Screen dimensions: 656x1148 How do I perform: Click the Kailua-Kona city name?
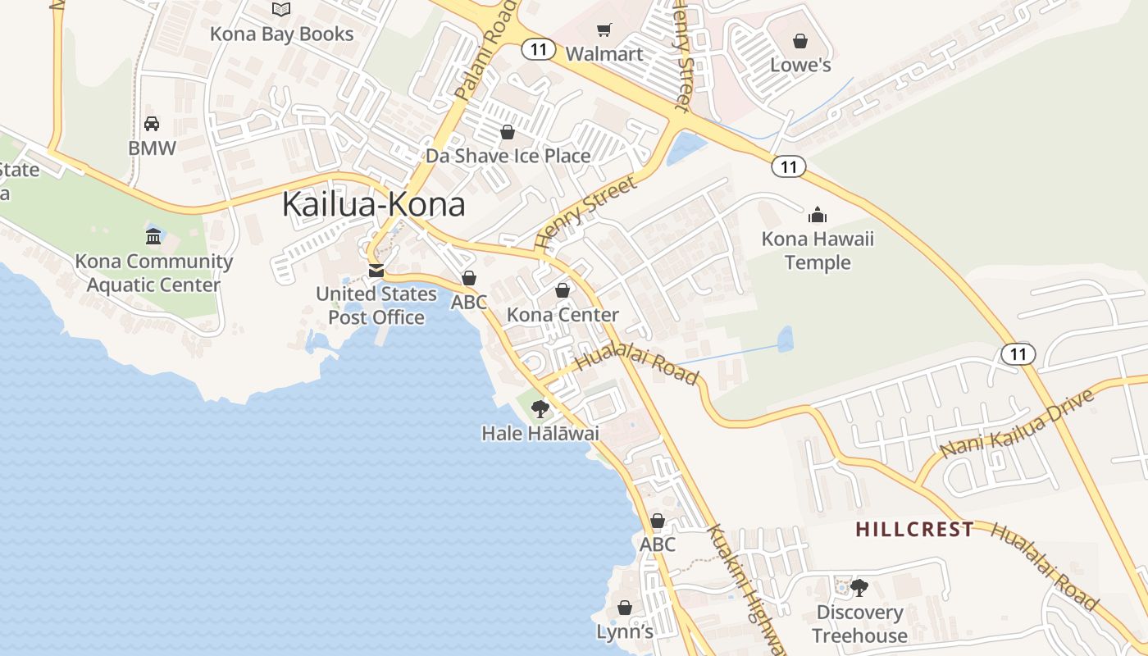tap(373, 205)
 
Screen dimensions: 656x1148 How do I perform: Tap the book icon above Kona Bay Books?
tap(281, 10)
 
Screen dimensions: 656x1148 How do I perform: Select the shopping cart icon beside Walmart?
tap(604, 30)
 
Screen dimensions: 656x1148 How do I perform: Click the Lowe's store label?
tap(800, 65)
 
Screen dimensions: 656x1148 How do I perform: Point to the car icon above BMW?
tap(152, 124)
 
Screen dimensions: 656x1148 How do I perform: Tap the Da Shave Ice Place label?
tap(508, 156)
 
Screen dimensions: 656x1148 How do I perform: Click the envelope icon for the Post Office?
tap(376, 271)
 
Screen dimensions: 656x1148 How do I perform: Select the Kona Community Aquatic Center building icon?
tap(153, 237)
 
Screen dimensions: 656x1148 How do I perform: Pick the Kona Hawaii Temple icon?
tap(818, 216)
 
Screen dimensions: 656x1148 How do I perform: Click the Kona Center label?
tap(563, 315)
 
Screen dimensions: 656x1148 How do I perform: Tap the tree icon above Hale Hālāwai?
tap(540, 408)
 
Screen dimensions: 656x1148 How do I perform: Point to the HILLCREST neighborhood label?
tap(914, 530)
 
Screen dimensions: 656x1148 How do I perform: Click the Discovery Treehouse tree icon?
tap(859, 587)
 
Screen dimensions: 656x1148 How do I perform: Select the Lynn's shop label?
tap(625, 631)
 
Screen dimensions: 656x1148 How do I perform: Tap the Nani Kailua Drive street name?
tap(1017, 424)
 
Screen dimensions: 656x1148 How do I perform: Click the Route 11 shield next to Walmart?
tap(538, 50)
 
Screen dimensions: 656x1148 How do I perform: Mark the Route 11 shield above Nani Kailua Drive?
tap(1018, 354)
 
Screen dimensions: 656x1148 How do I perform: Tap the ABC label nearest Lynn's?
tap(657, 544)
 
